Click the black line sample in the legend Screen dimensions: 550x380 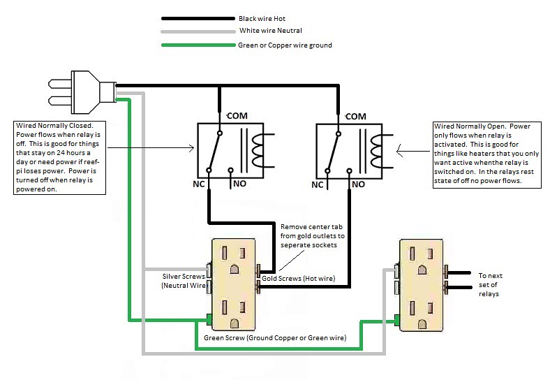[x=198, y=18]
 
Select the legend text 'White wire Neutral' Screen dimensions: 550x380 [x=270, y=31]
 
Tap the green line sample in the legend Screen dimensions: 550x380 [x=198, y=45]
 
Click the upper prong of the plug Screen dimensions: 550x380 [x=60, y=84]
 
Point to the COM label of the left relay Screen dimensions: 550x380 [x=237, y=115]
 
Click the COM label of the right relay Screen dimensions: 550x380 [x=356, y=116]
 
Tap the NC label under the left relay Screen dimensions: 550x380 [x=198, y=184]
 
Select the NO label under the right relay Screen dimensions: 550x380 [x=358, y=184]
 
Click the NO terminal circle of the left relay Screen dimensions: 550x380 [x=230, y=170]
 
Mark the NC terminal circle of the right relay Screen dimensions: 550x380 [x=327, y=171]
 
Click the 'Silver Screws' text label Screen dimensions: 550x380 [x=184, y=277]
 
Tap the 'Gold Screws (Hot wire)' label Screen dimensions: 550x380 [x=298, y=279]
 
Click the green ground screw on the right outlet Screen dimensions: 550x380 [x=397, y=320]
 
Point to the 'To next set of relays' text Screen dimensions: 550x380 [x=490, y=285]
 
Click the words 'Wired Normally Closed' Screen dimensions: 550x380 [x=54, y=125]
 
